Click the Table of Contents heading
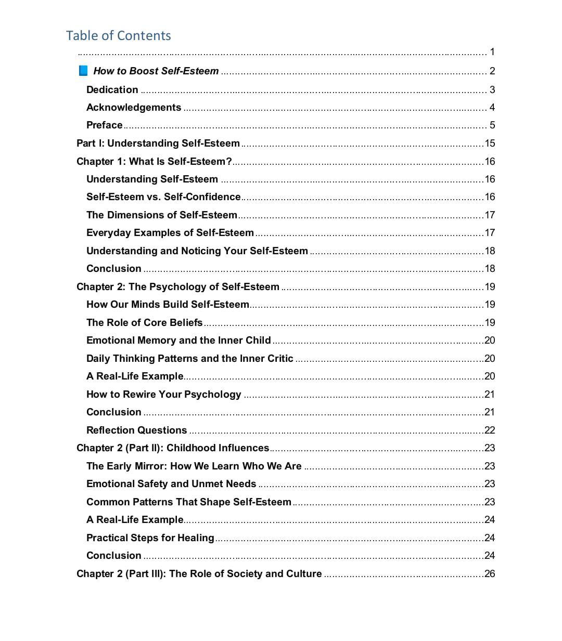(118, 35)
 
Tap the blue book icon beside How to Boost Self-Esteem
(83, 71)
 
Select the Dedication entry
(112, 89)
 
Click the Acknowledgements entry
(134, 108)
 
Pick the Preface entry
(105, 125)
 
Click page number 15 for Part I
(490, 143)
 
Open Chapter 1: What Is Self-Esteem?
(154, 161)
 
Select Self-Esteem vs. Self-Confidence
(163, 197)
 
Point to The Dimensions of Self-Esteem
(162, 215)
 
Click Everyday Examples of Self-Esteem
(170, 233)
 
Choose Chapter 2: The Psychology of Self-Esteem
(178, 287)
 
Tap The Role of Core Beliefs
(145, 323)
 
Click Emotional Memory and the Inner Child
(178, 341)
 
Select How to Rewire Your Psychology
(164, 395)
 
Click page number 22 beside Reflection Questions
(490, 430)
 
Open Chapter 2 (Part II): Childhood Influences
(173, 448)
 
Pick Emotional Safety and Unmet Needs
(171, 484)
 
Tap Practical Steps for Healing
(150, 538)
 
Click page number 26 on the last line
(490, 574)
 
